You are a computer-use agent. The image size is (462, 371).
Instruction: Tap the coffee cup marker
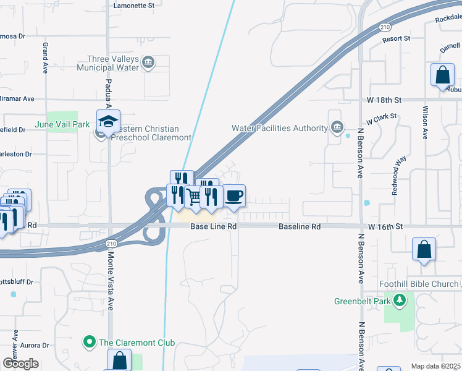[x=234, y=197]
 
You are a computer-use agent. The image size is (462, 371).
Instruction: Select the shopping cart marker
[x=195, y=197]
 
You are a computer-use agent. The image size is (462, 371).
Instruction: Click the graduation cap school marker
[x=108, y=122]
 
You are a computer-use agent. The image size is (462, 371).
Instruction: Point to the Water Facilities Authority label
[x=279, y=128]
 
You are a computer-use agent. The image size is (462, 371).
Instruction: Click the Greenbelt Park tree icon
[x=400, y=301]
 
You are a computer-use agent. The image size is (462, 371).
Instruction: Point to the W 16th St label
[x=385, y=227]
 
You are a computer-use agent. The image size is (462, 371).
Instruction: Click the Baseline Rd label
[x=300, y=227]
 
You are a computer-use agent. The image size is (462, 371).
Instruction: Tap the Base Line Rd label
[x=213, y=227]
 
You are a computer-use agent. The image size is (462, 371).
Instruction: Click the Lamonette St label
[x=134, y=5]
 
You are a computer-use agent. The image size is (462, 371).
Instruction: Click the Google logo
[x=20, y=364]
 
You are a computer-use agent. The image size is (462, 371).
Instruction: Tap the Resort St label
[x=396, y=38]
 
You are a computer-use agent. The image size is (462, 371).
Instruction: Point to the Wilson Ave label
[x=425, y=122]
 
